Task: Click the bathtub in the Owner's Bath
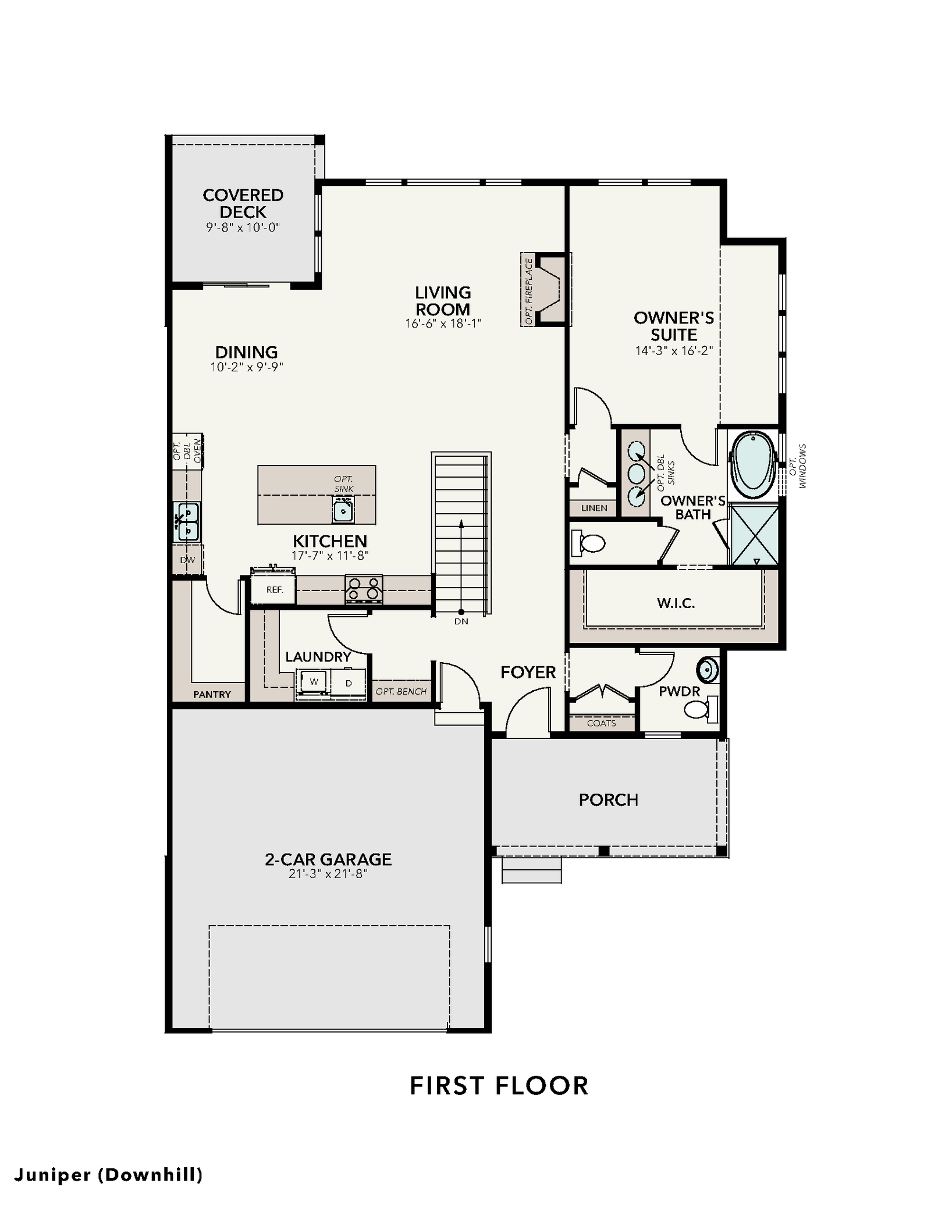click(753, 464)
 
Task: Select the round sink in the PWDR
click(708, 670)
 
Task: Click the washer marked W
click(314, 681)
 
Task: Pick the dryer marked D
click(349, 683)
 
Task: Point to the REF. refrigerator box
click(274, 589)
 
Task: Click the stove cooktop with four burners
click(364, 589)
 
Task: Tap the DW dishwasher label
click(187, 560)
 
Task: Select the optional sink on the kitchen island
click(343, 510)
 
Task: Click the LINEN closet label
click(594, 508)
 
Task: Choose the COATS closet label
click(601, 723)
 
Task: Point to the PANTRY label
click(212, 694)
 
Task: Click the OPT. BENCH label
click(401, 691)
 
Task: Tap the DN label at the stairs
click(461, 621)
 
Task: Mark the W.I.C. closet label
click(676, 603)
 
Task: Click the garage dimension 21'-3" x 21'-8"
click(328, 873)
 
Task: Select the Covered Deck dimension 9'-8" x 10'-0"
click(243, 227)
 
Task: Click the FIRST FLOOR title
click(499, 1086)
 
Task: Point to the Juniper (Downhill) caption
click(108, 1175)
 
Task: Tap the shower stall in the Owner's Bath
click(754, 534)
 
